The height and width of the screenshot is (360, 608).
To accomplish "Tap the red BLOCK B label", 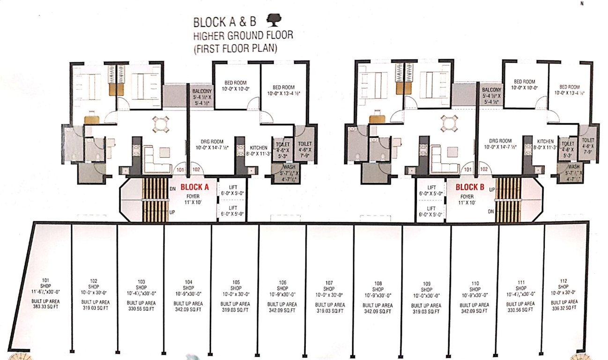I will [470, 187].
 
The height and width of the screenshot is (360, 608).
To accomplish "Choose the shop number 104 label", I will [188, 283].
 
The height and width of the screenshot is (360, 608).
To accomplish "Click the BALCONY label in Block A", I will [201, 90].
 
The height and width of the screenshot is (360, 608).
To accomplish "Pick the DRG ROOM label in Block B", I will [500, 141].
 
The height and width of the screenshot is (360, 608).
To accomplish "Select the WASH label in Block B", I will [573, 167].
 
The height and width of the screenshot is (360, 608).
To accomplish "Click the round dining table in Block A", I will [160, 125].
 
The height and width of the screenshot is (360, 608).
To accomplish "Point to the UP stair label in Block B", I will [491, 189].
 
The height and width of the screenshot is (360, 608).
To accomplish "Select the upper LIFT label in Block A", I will [233, 187].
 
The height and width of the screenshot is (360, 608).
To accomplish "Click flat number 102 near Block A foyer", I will [196, 170].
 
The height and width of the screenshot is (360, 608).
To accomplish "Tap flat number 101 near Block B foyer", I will [467, 170].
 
